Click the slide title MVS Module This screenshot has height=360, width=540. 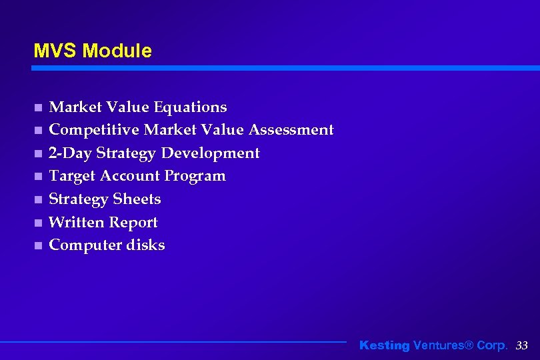pyautogui.click(x=93, y=51)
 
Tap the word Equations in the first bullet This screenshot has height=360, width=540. pyautogui.click(x=190, y=107)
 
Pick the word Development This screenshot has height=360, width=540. pyautogui.click(x=211, y=153)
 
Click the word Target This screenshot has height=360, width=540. pyautogui.click(x=72, y=176)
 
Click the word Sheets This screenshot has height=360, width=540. pyautogui.click(x=137, y=199)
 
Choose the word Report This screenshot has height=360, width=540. pyautogui.click(x=134, y=223)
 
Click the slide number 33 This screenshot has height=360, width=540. pyautogui.click(x=522, y=345)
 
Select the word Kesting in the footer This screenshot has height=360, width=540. pyautogui.click(x=385, y=345)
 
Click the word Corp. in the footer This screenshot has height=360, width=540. pyautogui.click(x=492, y=345)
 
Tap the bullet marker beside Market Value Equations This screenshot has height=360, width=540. pyautogui.click(x=38, y=107)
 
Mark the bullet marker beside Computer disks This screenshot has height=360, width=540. pyautogui.click(x=38, y=245)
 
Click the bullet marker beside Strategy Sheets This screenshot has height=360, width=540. pyautogui.click(x=38, y=199)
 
